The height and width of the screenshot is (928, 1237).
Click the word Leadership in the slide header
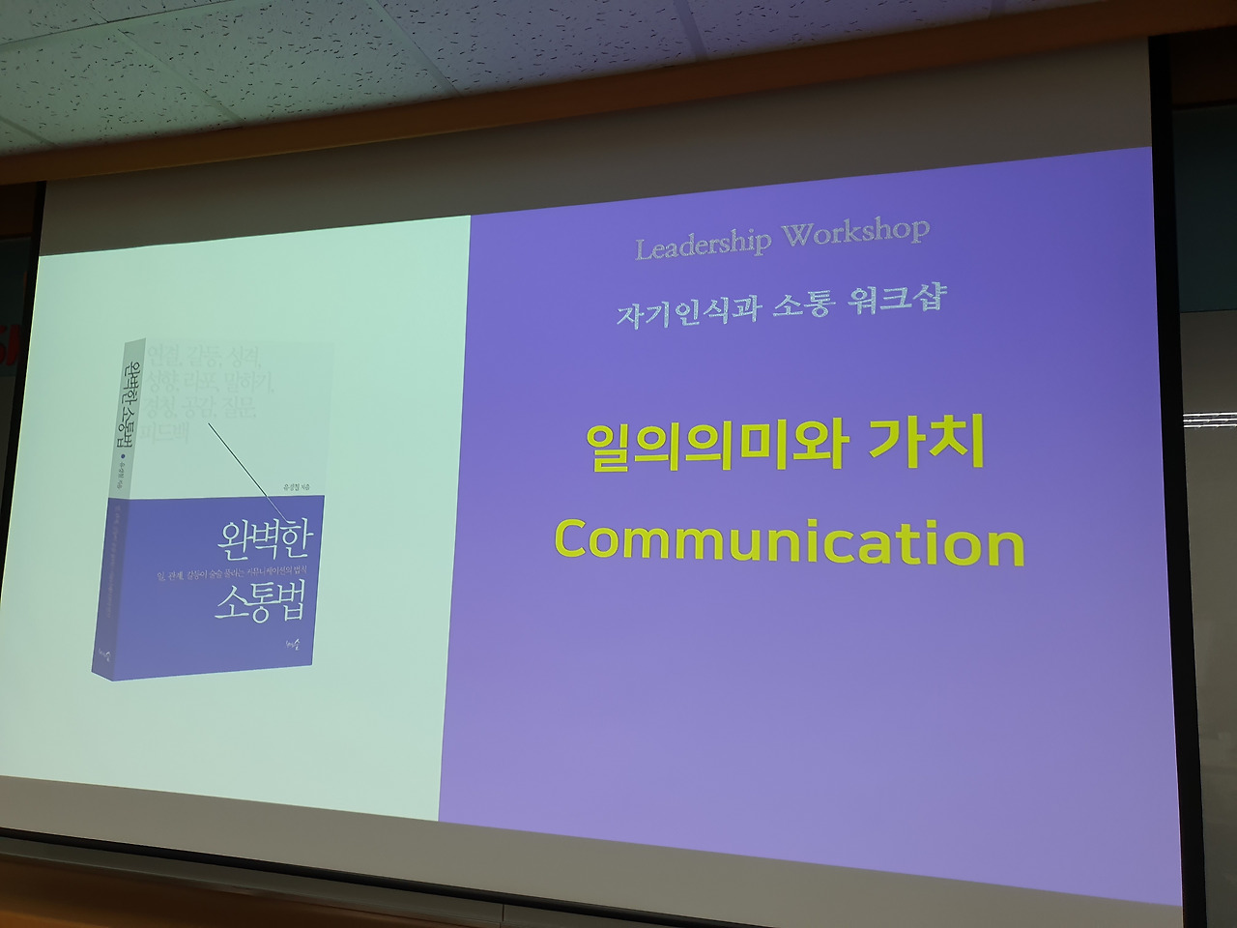point(704,245)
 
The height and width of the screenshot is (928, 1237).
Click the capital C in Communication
point(573,539)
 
